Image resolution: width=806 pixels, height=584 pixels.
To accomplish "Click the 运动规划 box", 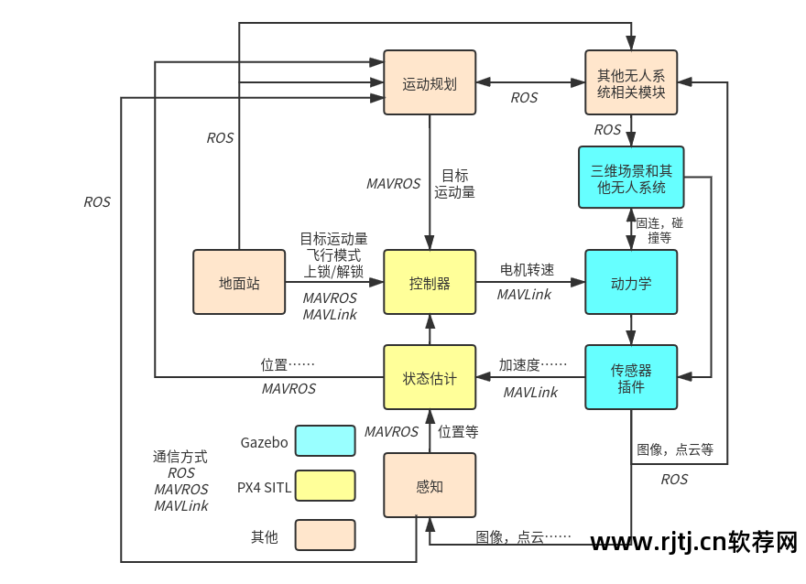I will (430, 82).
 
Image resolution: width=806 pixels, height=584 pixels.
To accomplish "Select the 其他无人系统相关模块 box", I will (631, 82).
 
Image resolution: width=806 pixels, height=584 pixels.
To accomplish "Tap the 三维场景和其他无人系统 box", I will (631, 178).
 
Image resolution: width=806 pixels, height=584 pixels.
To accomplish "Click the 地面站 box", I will (239, 283).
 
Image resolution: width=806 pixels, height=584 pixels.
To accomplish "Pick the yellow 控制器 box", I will (430, 283).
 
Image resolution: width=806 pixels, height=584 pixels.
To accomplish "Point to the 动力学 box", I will (631, 283).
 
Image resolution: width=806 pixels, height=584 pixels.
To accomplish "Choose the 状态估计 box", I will (430, 377).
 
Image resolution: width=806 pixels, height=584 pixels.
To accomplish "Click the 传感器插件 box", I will (631, 377).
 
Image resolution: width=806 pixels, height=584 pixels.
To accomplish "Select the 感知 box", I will (430, 486).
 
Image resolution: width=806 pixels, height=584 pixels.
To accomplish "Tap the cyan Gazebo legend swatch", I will (325, 441).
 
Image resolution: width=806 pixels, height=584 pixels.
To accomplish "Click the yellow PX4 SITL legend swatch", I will (325, 486).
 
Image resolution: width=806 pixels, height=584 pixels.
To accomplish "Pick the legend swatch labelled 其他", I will (325, 535).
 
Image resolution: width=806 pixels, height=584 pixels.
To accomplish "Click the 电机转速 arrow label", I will (527, 270).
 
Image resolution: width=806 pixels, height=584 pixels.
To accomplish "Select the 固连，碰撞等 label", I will (659, 229).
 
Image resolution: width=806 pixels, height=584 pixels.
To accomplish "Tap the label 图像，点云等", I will (675, 449).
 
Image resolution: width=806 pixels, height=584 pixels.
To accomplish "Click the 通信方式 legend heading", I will (180, 456).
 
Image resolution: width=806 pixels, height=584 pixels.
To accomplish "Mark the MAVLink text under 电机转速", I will (524, 294).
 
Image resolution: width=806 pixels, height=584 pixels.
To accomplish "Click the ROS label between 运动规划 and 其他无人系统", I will (524, 97).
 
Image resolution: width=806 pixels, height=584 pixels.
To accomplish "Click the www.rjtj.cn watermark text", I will (694, 544).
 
